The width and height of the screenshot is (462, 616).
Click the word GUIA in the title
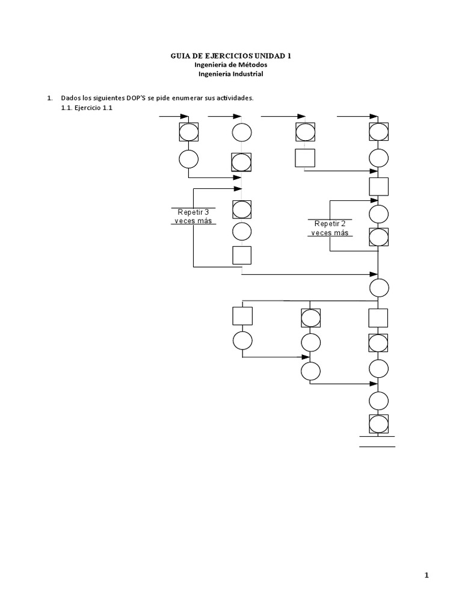click(181, 56)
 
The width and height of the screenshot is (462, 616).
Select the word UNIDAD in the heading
click(263, 56)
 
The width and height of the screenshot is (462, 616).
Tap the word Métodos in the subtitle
click(251, 65)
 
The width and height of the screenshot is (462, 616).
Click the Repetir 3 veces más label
click(193, 217)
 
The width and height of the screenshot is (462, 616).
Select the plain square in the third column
click(304, 158)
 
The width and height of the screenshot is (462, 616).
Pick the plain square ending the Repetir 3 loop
click(242, 255)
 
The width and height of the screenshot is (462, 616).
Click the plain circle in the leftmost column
click(188, 159)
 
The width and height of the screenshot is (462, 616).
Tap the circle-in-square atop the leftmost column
click(188, 132)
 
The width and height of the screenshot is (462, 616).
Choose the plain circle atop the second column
click(242, 132)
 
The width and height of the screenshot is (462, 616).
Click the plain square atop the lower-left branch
click(242, 316)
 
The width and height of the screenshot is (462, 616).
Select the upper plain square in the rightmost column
click(378, 186)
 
